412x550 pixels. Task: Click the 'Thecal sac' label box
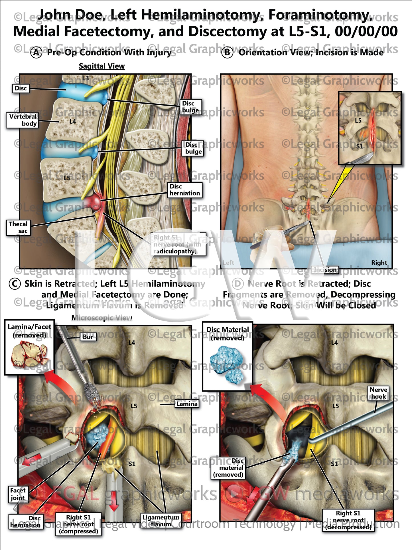click(18, 227)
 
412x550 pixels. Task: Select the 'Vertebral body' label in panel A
click(22, 120)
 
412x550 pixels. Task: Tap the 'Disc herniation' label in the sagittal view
click(184, 190)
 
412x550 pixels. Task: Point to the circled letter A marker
click(36, 53)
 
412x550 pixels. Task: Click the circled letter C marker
click(15, 284)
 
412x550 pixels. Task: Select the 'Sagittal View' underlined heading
click(102, 66)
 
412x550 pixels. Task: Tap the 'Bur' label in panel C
click(88, 337)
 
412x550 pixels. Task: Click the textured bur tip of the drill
click(92, 393)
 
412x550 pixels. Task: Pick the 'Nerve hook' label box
click(378, 393)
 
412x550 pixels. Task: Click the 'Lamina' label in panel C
click(187, 404)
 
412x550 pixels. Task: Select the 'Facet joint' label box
click(18, 494)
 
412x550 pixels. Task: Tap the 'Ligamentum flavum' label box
click(161, 521)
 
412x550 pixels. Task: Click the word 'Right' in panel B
click(379, 263)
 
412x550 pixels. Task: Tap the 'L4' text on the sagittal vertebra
click(73, 121)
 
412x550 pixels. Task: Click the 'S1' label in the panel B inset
click(360, 146)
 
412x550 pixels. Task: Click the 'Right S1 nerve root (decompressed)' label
click(348, 520)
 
